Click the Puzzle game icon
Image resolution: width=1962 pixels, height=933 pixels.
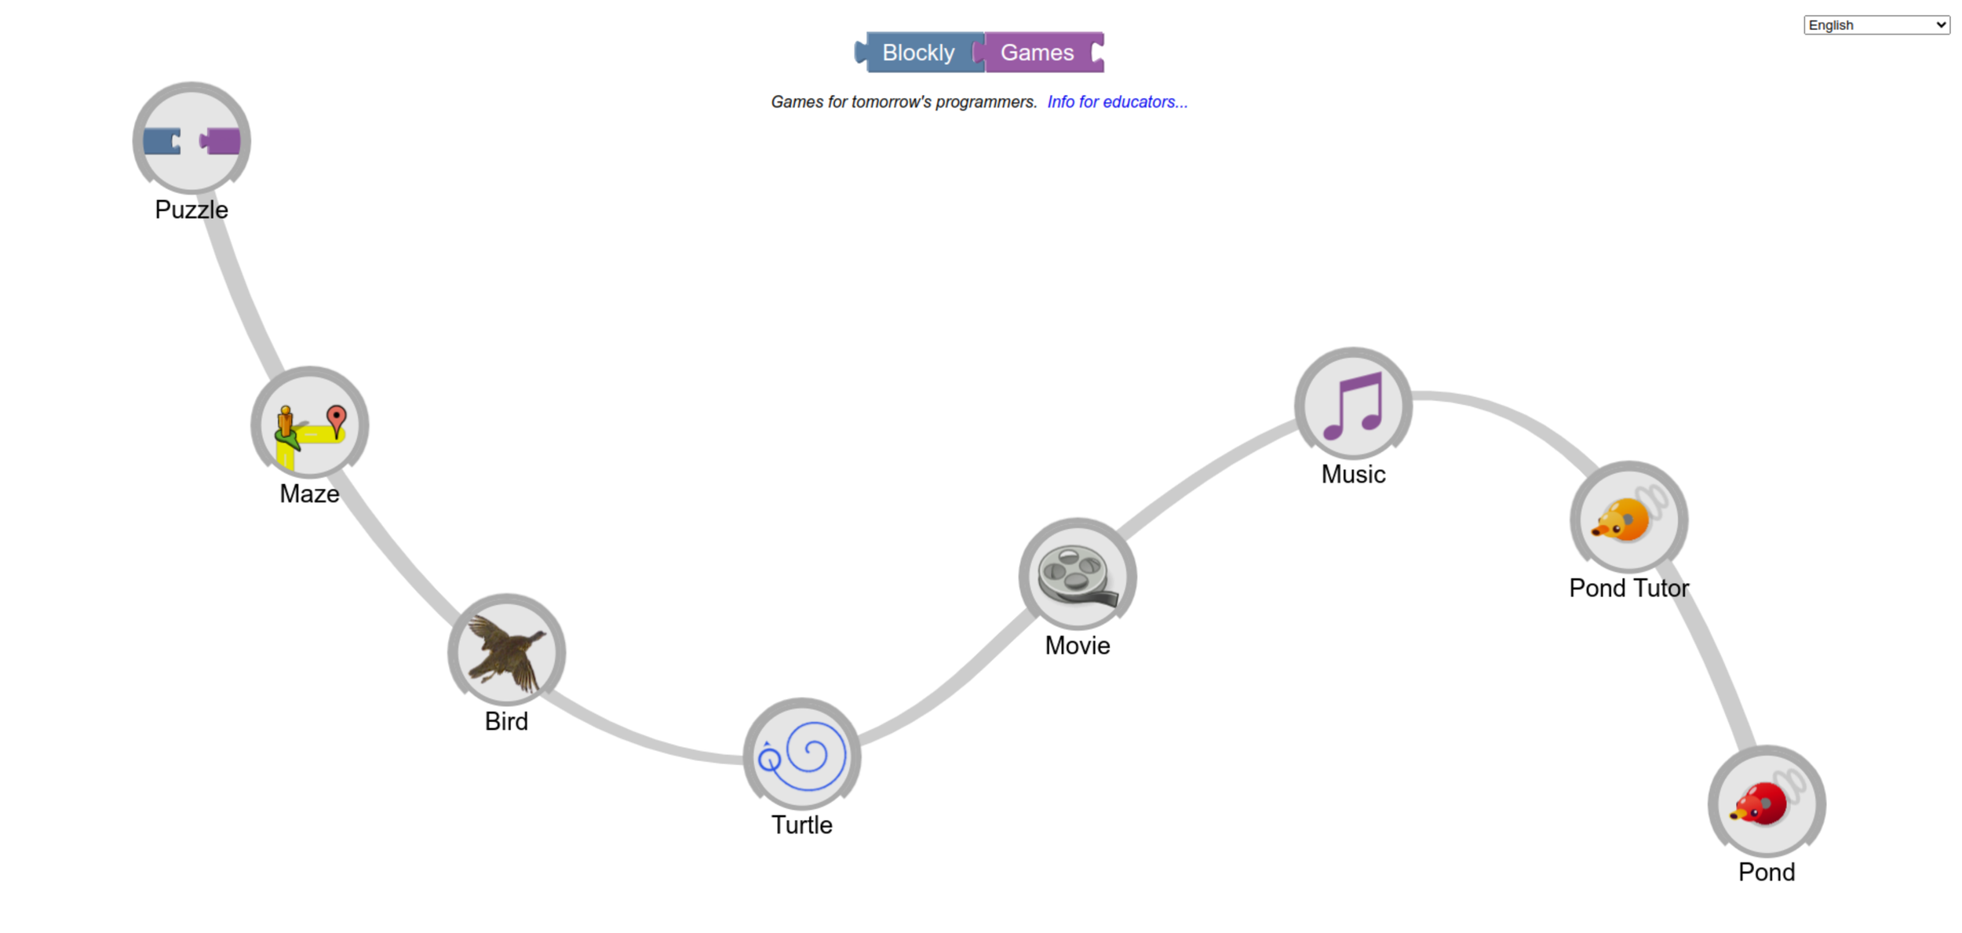click(191, 140)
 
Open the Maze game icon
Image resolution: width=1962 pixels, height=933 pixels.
click(309, 425)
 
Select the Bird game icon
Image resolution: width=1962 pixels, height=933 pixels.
click(506, 652)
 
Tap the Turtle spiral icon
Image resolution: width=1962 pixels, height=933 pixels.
click(801, 756)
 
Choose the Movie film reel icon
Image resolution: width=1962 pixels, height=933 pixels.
click(1077, 577)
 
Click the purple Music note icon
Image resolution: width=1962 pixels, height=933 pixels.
click(1353, 406)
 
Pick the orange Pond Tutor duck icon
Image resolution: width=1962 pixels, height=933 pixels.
click(1628, 519)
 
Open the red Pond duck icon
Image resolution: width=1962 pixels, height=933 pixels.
click(1766, 804)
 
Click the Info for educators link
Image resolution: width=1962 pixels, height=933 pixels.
click(1117, 102)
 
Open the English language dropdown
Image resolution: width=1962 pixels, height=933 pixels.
click(1876, 25)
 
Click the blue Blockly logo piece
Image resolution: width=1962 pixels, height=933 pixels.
click(918, 53)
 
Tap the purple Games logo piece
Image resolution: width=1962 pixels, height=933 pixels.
click(1038, 53)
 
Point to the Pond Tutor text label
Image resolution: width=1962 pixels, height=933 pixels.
click(1628, 588)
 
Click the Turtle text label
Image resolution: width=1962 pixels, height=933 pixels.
click(801, 825)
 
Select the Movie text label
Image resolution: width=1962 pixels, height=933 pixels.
click(1077, 646)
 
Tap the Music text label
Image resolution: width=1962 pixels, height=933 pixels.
click(1353, 474)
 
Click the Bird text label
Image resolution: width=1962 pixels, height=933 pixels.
click(506, 721)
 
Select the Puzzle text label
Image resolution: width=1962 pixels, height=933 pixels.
click(191, 210)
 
